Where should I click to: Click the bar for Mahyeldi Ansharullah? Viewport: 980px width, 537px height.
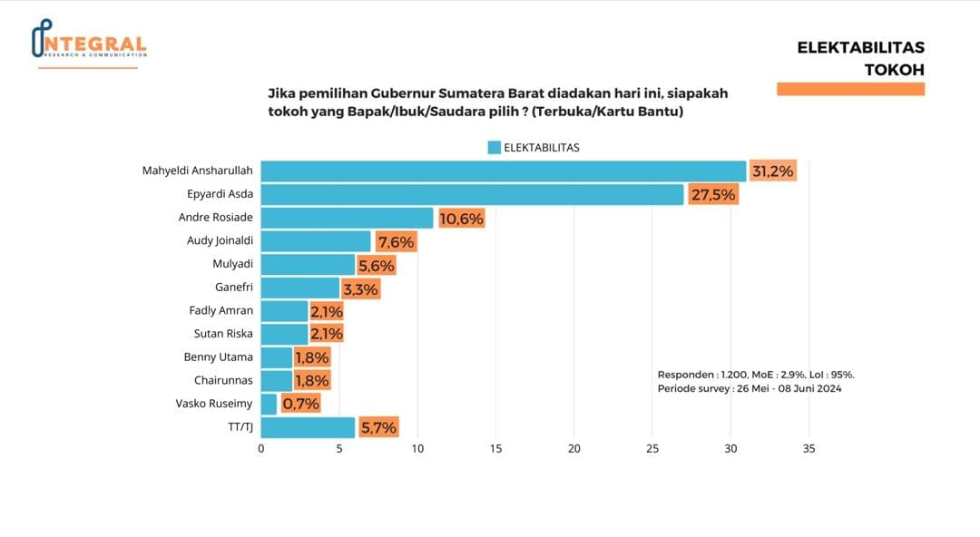click(x=503, y=171)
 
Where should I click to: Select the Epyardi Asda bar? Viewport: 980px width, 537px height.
click(x=472, y=194)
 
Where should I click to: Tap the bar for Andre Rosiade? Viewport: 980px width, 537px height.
click(x=347, y=218)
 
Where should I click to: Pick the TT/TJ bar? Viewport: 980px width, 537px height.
click(x=308, y=427)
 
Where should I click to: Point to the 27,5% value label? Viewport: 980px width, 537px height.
click(x=712, y=194)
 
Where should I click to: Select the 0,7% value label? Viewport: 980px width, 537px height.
click(x=300, y=404)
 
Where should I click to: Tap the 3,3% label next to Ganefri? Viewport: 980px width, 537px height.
click(x=360, y=288)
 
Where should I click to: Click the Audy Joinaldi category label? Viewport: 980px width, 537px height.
click(x=220, y=241)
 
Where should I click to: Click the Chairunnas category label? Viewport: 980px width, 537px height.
click(x=223, y=380)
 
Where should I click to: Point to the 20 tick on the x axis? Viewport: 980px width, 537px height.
click(x=574, y=448)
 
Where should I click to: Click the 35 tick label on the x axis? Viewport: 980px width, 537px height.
click(x=809, y=448)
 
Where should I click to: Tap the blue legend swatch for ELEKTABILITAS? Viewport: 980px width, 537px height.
click(x=494, y=147)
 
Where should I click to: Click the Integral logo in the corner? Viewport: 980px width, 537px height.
click(x=88, y=42)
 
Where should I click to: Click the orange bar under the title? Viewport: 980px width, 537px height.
click(x=850, y=89)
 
